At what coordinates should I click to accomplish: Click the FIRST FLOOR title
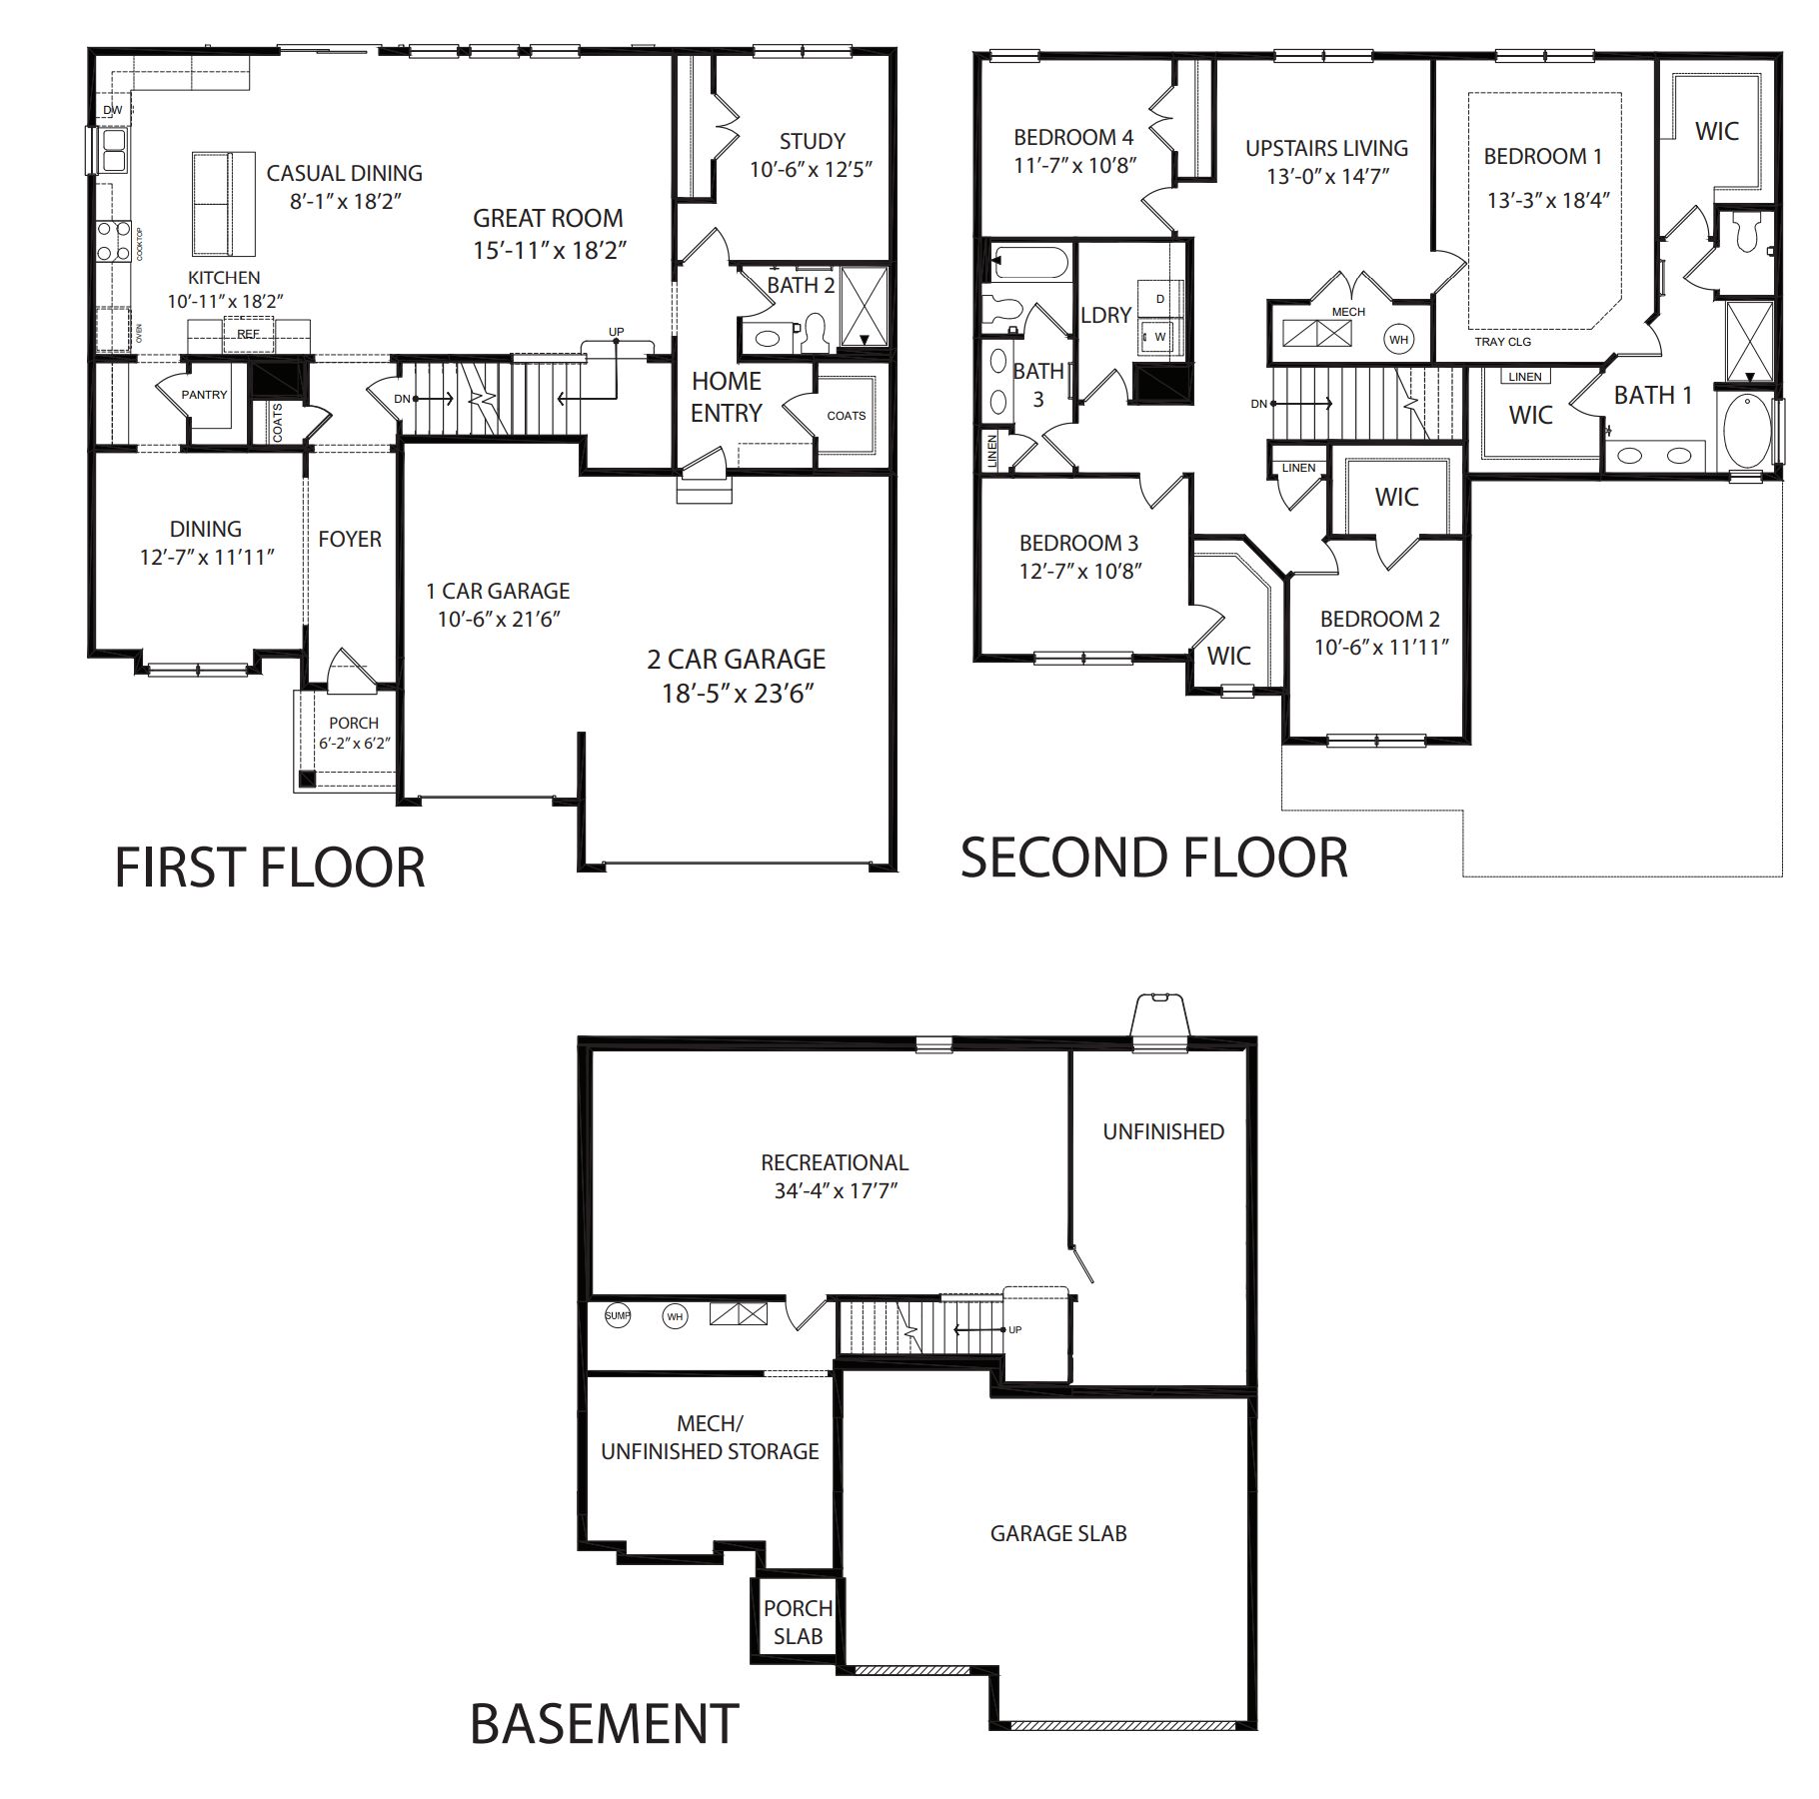(x=270, y=868)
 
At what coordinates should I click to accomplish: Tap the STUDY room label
(x=812, y=142)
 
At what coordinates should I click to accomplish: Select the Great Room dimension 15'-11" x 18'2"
(x=549, y=250)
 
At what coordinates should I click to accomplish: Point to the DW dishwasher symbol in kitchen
(x=112, y=110)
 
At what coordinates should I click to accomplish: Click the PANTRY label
(x=205, y=395)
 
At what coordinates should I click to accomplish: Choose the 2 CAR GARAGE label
(x=737, y=660)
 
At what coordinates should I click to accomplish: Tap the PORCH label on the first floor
(x=354, y=723)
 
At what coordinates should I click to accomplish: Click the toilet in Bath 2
(x=816, y=334)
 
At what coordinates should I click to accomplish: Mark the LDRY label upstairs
(x=1106, y=315)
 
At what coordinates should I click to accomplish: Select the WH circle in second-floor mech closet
(x=1398, y=340)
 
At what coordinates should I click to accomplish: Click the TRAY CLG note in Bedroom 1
(x=1502, y=342)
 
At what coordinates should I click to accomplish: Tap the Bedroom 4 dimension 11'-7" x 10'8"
(x=1074, y=166)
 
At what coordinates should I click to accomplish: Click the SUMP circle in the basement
(x=618, y=1316)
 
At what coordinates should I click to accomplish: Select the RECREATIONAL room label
(x=835, y=1162)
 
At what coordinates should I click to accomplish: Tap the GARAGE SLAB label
(x=1058, y=1533)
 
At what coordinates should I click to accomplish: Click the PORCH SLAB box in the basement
(x=798, y=1621)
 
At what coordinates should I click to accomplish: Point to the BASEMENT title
(x=604, y=1724)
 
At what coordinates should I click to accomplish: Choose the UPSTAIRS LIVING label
(x=1326, y=148)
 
